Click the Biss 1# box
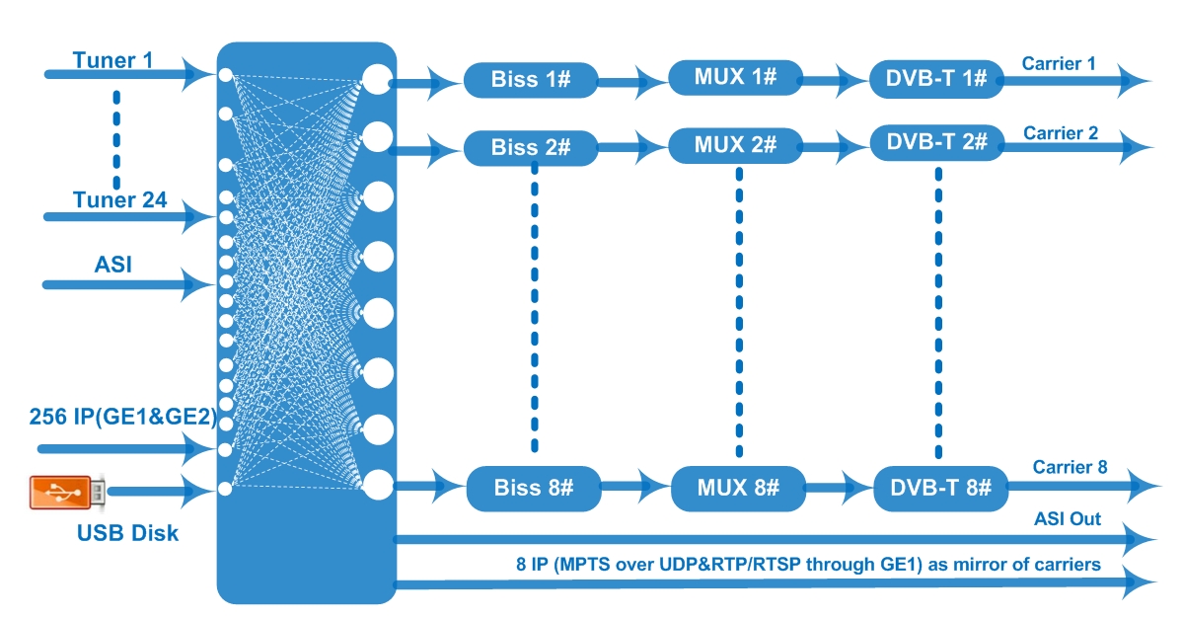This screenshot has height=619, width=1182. [531, 80]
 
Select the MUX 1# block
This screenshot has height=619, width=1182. [735, 77]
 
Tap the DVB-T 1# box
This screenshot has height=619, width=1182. [936, 79]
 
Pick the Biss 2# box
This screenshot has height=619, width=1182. [531, 148]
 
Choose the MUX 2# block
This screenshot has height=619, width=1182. [735, 145]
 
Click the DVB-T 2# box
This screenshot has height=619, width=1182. [937, 142]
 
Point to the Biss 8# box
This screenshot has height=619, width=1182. [534, 488]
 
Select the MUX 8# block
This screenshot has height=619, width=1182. [738, 488]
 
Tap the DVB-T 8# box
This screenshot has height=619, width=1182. [940, 488]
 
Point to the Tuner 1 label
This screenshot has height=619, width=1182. [112, 60]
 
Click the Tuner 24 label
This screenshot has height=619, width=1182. [119, 199]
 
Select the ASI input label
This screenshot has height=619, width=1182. [113, 265]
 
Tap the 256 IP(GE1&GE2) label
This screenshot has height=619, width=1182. [123, 417]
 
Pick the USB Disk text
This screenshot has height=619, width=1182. [127, 533]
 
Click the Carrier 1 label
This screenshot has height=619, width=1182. [1059, 64]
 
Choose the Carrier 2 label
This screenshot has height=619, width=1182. [1061, 133]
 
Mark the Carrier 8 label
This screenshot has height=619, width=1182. [1070, 467]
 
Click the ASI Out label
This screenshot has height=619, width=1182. [1068, 518]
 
